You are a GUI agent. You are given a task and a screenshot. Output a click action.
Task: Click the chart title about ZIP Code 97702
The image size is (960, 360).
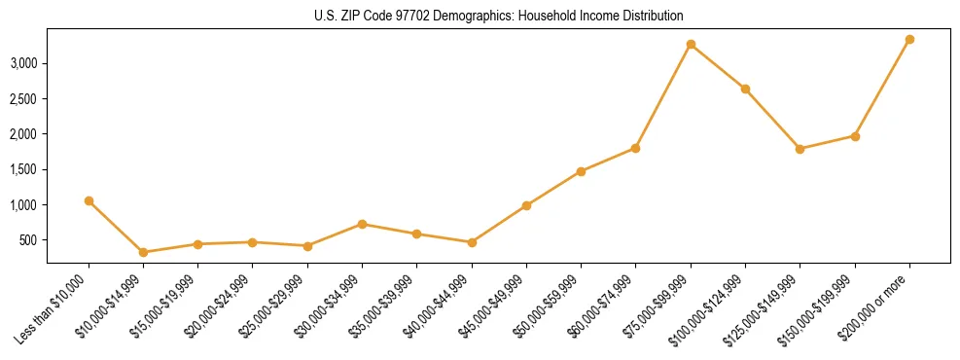click(x=498, y=17)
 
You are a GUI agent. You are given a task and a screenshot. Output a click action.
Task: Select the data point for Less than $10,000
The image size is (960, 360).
click(x=89, y=200)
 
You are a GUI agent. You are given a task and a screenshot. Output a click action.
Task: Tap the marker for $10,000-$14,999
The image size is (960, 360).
click(x=144, y=252)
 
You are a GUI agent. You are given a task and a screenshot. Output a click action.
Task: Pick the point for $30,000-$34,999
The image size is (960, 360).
click(x=362, y=224)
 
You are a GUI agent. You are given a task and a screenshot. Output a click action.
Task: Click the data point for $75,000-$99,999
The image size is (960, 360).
click(x=691, y=44)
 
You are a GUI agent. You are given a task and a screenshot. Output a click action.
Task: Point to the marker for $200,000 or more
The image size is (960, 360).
click(x=909, y=39)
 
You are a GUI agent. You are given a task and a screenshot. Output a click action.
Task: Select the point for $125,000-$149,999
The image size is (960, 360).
click(x=800, y=149)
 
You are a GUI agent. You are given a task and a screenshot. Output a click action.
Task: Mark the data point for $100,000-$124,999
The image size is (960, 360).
click(x=745, y=89)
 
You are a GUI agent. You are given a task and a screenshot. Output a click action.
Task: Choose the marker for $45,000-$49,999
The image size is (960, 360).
click(x=526, y=205)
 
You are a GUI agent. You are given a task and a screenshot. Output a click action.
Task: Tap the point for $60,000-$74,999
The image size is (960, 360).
click(x=635, y=148)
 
